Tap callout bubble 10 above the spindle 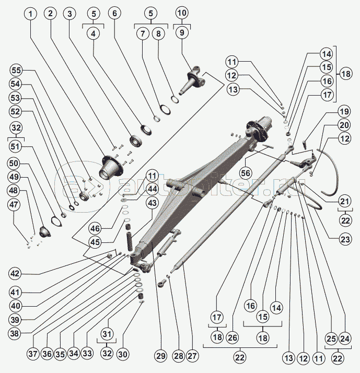[181, 12]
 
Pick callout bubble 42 [15, 273]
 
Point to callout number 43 [152, 202]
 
